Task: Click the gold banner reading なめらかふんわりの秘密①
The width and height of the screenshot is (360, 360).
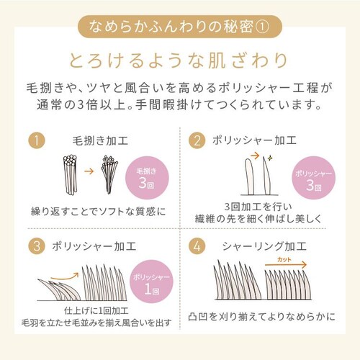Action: click(180, 27)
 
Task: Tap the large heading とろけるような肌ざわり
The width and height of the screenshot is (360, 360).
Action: click(179, 60)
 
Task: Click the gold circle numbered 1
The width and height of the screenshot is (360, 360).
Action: click(37, 140)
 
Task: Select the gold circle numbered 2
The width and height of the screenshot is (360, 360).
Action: click(197, 140)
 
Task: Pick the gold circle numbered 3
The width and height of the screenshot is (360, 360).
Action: click(37, 246)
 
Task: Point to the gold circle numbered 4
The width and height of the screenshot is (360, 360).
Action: click(197, 246)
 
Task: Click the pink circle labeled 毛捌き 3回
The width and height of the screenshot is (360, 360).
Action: click(147, 178)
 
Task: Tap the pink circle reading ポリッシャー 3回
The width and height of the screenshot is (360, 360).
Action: click(313, 178)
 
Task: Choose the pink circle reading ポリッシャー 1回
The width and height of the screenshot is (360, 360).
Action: click(151, 282)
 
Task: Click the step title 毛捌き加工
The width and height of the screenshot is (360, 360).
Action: click(100, 140)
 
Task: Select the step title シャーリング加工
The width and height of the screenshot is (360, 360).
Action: click(264, 246)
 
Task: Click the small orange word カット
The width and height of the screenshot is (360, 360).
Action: click(284, 259)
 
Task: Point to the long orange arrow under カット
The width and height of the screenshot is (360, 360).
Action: click(286, 265)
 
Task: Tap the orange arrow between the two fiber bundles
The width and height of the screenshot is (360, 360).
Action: click(89, 171)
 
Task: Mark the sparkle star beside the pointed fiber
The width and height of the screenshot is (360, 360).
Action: click(270, 158)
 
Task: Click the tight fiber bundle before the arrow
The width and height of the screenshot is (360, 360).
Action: click(70, 175)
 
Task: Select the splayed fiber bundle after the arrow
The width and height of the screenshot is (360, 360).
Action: click(109, 174)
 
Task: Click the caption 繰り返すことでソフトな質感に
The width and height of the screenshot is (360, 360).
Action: click(99, 212)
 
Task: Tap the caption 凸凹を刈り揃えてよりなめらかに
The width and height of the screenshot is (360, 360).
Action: click(261, 317)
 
